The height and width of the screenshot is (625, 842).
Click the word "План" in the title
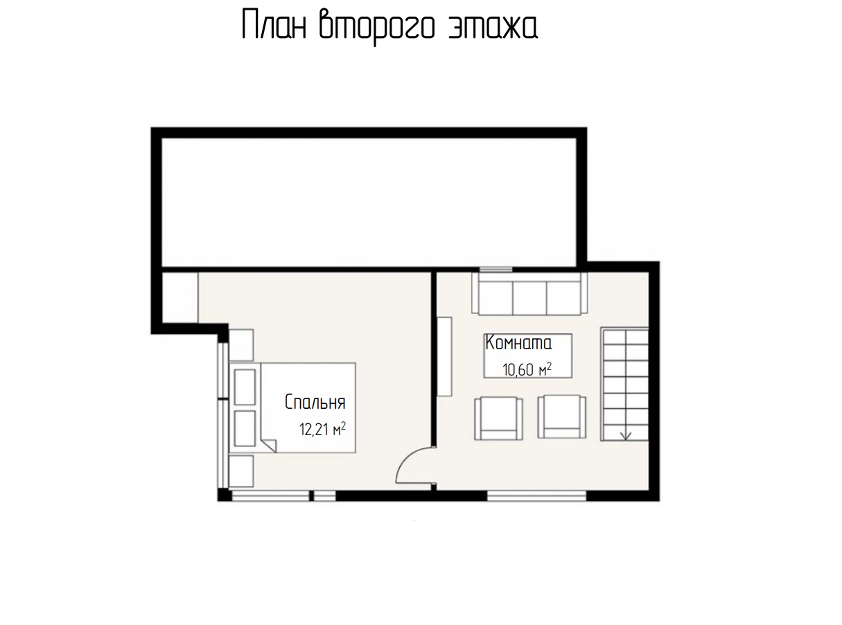pos(274,25)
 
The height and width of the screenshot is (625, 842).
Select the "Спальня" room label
pos(315,402)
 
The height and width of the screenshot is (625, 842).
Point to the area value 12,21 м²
pos(322,429)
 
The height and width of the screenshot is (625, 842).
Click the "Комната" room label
pos(518,342)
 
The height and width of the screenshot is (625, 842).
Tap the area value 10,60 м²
pos(527,369)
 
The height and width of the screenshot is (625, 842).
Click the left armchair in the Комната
pos(498,418)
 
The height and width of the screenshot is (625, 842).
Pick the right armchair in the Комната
pos(562,416)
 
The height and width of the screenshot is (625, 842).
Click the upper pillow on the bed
pos(245,387)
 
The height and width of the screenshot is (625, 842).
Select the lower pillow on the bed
pos(245,428)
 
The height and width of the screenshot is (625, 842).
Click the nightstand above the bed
pos(241,345)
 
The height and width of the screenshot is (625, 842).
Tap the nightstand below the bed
pos(241,471)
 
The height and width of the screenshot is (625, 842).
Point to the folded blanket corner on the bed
pos(269,445)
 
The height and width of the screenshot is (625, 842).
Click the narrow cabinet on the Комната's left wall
pos(444,357)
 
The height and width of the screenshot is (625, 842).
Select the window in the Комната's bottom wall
pos(537,495)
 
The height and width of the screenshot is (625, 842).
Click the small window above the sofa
pos(495,270)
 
